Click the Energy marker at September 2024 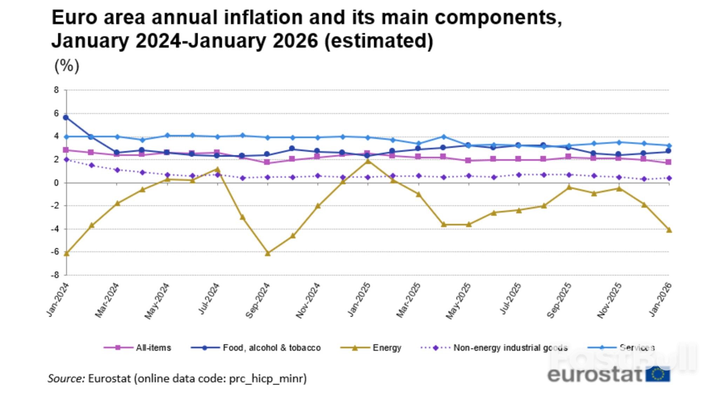click(x=267, y=253)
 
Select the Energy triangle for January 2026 click(x=669, y=230)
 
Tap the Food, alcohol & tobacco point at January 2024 click(x=66, y=118)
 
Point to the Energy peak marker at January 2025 click(x=368, y=161)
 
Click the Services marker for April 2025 click(x=443, y=137)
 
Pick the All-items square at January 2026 click(x=669, y=162)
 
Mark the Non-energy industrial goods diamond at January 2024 click(x=66, y=160)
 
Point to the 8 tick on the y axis click(x=56, y=90)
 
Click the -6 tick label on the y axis click(x=55, y=252)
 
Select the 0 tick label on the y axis click(x=56, y=183)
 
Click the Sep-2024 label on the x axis click(x=258, y=300)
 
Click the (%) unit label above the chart click(x=67, y=66)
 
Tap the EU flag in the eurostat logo click(x=658, y=374)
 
